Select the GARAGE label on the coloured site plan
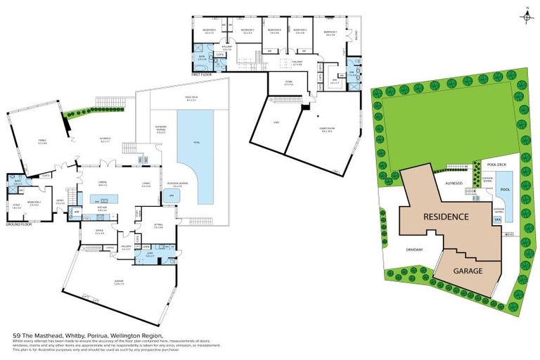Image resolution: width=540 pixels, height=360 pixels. click(x=468, y=270)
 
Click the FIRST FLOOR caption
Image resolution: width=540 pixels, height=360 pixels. click(x=201, y=74)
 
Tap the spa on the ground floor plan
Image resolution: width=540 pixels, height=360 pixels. click(x=169, y=195)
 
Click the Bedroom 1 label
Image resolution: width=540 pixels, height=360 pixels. click(x=330, y=32)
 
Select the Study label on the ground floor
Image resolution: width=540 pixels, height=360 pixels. click(x=17, y=206)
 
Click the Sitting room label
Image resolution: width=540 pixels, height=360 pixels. click(x=158, y=226)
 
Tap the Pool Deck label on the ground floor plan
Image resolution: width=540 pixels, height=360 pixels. click(x=191, y=99)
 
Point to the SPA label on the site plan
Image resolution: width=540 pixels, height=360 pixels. click(x=497, y=220)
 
